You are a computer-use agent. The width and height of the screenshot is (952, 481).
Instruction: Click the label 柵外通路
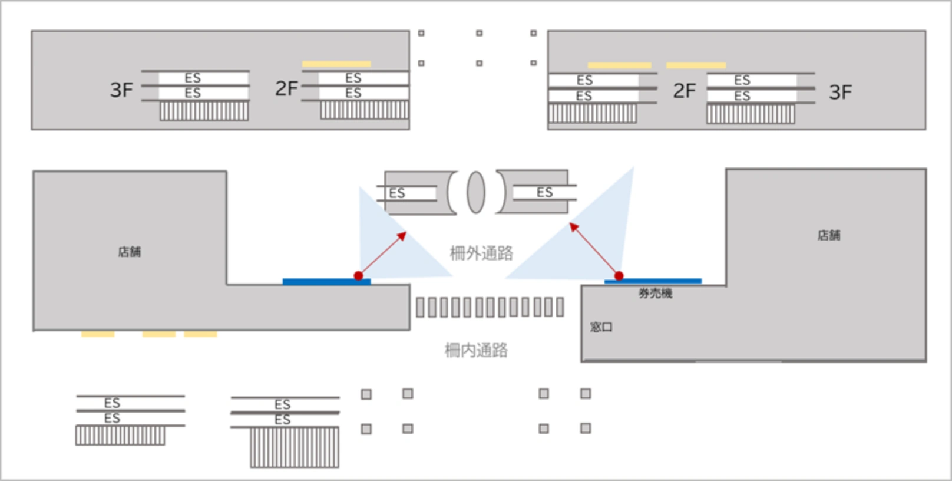(481, 253)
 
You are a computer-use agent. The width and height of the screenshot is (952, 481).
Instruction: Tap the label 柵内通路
(476, 351)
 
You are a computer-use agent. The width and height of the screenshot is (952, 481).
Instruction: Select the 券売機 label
(655, 294)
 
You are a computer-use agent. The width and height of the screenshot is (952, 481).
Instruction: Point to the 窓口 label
(601, 327)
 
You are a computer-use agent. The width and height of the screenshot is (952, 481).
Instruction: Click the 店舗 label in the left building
(130, 252)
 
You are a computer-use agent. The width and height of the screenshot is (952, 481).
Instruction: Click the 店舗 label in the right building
(828, 236)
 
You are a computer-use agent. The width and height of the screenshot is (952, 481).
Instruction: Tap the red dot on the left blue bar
(358, 276)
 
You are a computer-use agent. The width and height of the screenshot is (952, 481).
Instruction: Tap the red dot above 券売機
(619, 276)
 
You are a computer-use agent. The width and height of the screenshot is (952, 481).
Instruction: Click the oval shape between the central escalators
(476, 192)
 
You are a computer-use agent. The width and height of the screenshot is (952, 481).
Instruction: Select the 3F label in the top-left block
(121, 90)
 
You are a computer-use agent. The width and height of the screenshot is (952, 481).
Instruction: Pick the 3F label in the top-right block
(840, 93)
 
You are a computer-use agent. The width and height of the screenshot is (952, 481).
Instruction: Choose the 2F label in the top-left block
(286, 89)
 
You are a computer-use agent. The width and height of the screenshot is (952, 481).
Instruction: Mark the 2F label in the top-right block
(685, 91)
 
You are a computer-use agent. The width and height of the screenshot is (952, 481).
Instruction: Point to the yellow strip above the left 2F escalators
(336, 64)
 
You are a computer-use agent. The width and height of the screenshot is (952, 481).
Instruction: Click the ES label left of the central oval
(397, 193)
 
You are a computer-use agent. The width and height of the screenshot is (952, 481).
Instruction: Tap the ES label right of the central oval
(544, 192)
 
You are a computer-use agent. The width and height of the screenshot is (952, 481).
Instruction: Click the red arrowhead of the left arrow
(404, 235)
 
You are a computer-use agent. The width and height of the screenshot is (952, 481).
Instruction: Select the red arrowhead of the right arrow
(573, 226)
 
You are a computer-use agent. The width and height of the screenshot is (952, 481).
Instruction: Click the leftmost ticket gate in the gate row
(420, 307)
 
